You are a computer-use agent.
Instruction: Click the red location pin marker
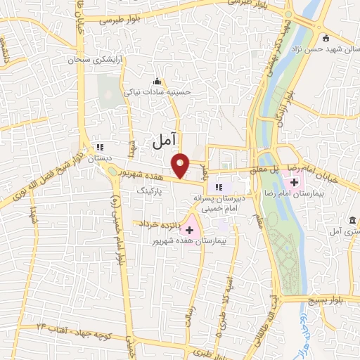[x=181, y=165]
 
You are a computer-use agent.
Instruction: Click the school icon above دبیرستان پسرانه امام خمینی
[x=218, y=186]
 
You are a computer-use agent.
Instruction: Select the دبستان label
[x=99, y=160]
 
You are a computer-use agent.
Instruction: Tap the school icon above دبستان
[x=100, y=148]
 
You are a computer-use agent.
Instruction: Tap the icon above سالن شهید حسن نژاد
[x=324, y=37]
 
